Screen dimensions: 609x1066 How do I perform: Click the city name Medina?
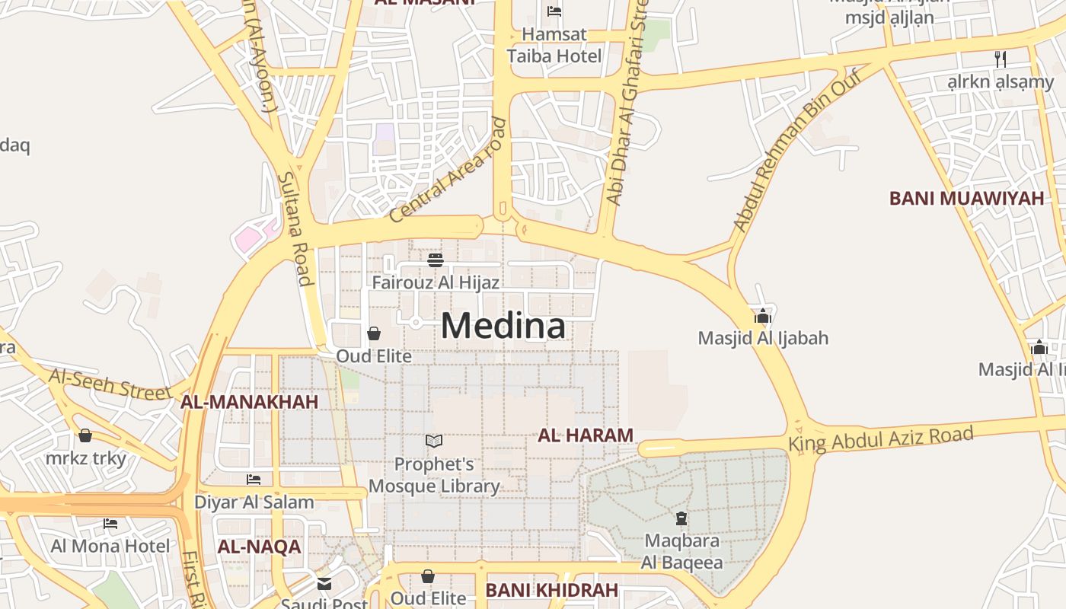(503, 326)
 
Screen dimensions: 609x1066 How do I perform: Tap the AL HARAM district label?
(586, 435)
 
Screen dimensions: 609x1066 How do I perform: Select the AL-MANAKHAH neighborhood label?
(249, 402)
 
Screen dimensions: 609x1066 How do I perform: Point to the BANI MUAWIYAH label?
(966, 199)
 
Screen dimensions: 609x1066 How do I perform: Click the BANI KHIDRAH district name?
(552, 590)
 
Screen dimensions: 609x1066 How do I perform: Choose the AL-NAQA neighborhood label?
(260, 547)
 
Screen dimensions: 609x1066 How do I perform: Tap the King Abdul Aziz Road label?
(880, 438)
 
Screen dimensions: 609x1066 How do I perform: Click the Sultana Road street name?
(295, 228)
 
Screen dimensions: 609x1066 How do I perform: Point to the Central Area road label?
(447, 170)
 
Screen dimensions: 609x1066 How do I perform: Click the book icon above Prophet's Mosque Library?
(434, 441)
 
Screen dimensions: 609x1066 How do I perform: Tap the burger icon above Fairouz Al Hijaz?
(436, 261)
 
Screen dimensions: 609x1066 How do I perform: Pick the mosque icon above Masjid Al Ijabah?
(763, 317)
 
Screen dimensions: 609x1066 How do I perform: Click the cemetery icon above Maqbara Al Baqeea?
(681, 519)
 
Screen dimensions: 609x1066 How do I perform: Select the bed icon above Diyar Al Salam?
(254, 480)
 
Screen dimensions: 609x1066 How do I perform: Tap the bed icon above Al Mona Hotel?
(110, 524)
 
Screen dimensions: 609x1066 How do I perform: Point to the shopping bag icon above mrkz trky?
(85, 435)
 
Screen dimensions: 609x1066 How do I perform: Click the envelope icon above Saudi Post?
(324, 584)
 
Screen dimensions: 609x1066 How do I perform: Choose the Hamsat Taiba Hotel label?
(554, 45)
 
